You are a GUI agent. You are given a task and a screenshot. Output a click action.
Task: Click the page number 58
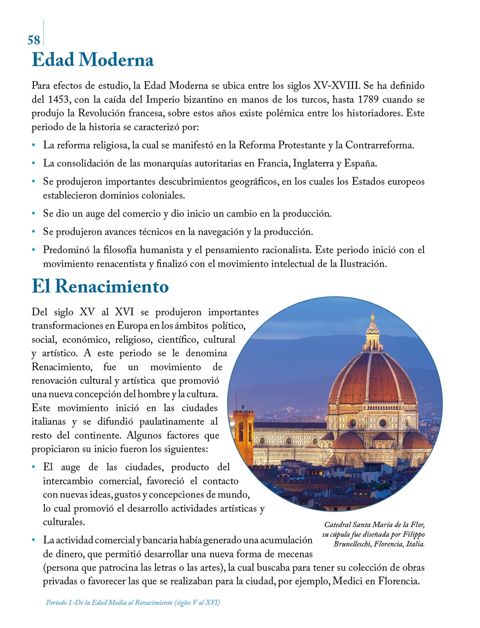point(34,40)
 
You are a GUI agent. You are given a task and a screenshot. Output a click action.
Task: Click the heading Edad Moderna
point(92,60)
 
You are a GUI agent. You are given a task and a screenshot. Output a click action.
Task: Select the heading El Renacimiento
point(100,286)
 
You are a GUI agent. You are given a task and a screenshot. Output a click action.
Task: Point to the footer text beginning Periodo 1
point(133,603)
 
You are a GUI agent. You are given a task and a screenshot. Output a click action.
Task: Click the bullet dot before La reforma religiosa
point(33,145)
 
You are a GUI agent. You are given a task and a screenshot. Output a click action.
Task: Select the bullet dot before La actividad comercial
point(33,540)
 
